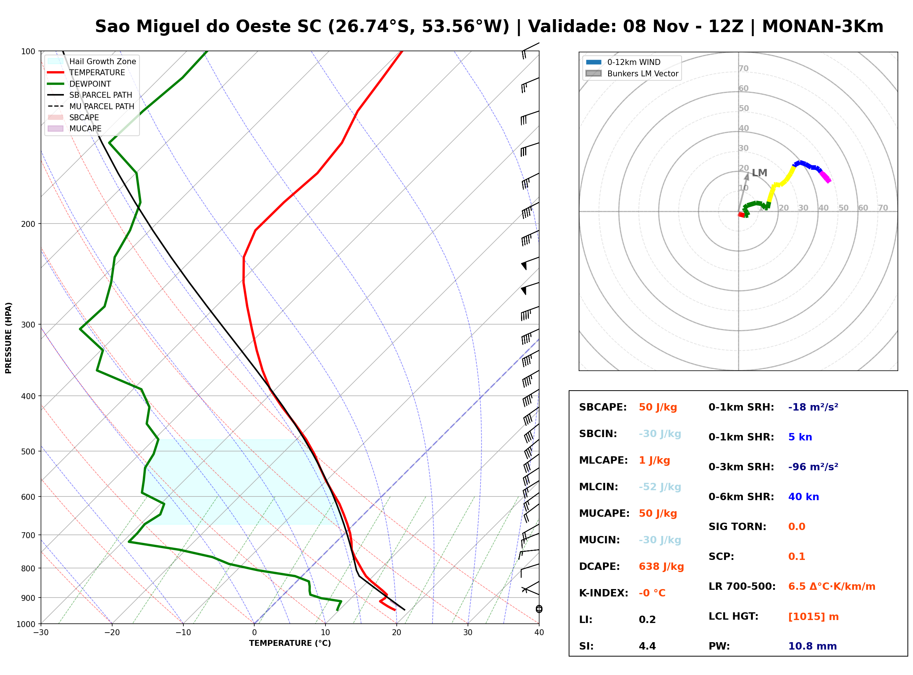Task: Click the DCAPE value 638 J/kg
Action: point(661,567)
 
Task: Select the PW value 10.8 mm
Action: point(813,646)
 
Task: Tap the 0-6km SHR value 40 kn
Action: point(803,497)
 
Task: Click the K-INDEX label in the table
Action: point(604,593)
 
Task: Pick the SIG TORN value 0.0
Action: point(796,527)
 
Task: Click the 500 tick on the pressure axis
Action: point(28,451)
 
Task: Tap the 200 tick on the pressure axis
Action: point(28,224)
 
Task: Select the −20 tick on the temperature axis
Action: point(111,633)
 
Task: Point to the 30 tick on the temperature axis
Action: point(468,633)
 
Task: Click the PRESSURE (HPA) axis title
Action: point(8,338)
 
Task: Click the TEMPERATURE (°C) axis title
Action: point(290,644)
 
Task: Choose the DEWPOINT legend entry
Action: point(90,84)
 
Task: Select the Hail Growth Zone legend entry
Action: point(103,61)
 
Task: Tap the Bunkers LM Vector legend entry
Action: point(642,73)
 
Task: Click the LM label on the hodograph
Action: point(759,173)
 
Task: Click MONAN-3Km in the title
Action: point(823,27)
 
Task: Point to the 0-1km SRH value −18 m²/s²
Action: point(813,407)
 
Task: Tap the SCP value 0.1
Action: point(796,557)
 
